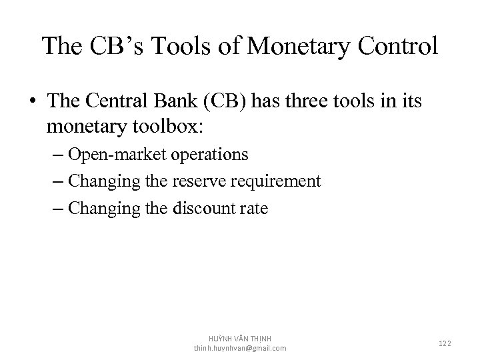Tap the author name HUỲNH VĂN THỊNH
tap(240, 339)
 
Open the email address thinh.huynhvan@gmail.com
tap(240, 348)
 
